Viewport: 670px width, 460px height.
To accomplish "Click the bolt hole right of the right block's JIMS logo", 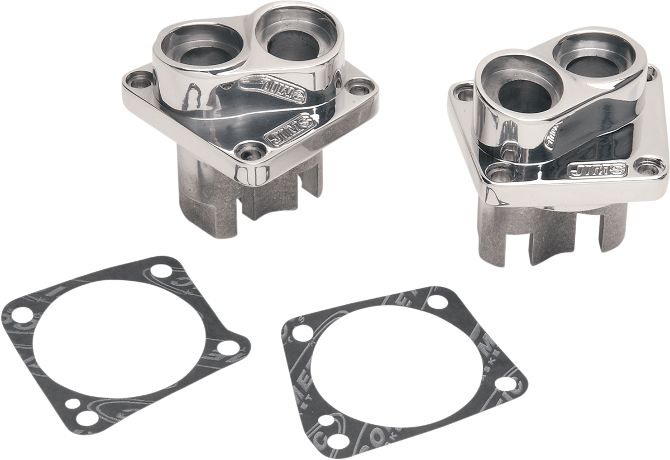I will (x=647, y=166).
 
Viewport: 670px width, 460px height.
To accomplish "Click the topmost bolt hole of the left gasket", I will (x=162, y=274).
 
